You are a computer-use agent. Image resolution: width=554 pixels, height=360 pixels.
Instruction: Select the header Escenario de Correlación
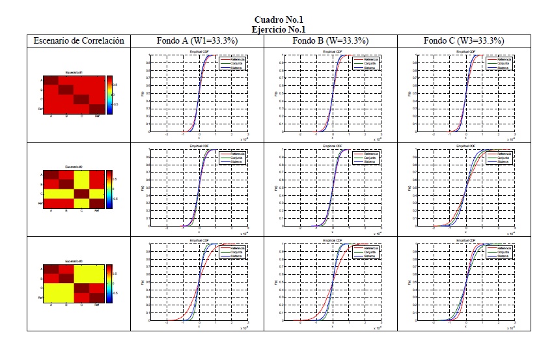tap(79, 41)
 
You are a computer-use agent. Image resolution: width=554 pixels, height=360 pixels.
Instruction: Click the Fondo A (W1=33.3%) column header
tap(197, 41)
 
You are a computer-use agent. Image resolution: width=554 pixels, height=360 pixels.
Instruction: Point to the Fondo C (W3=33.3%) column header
tap(464, 41)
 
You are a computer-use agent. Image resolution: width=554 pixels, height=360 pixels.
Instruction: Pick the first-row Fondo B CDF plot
tap(331, 94)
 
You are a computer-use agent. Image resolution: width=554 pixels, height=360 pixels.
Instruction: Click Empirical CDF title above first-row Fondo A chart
tap(198, 51)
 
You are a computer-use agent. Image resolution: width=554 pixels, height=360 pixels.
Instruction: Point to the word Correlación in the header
tap(101, 41)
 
